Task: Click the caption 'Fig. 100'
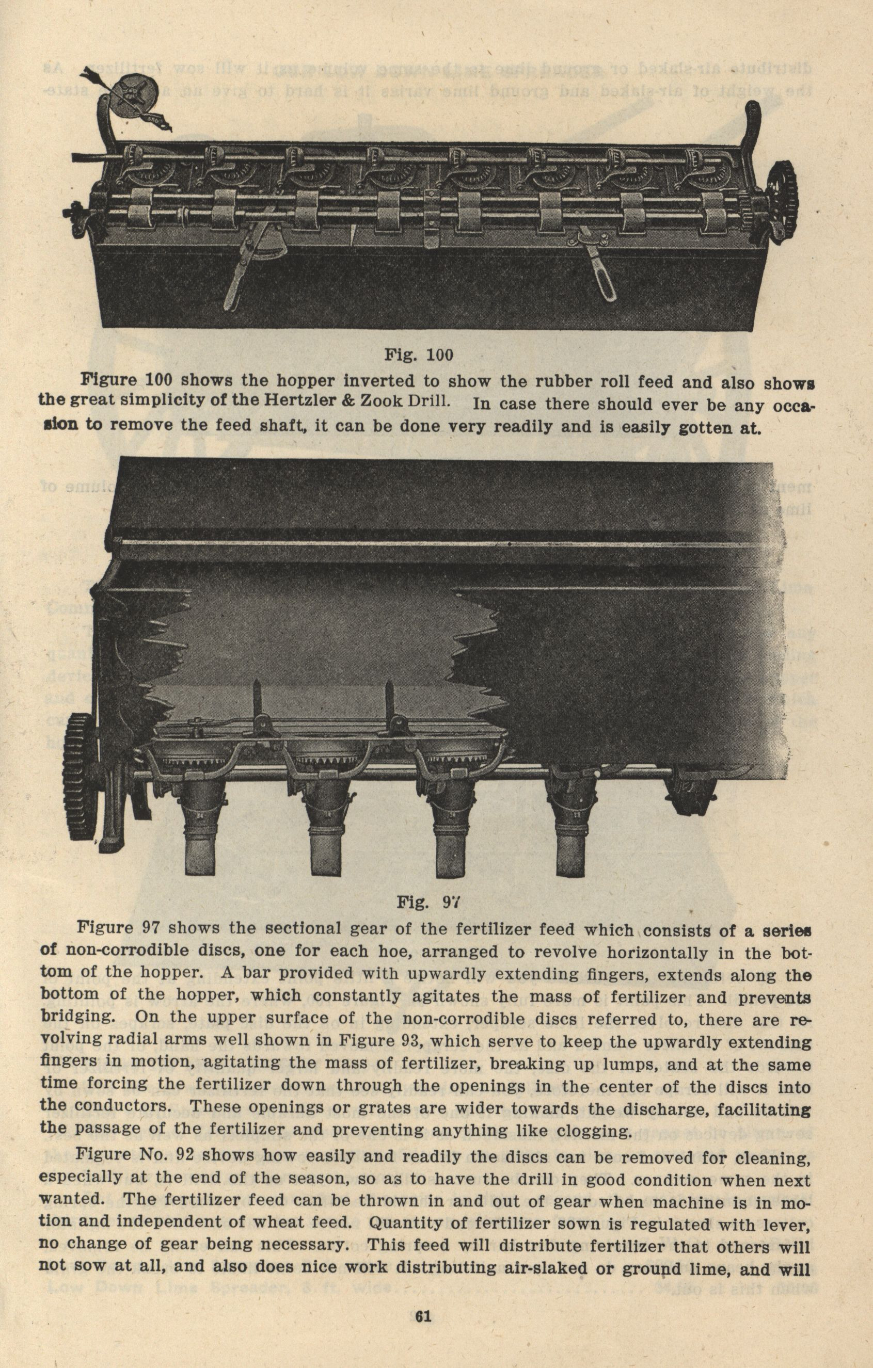pyautogui.click(x=419, y=355)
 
